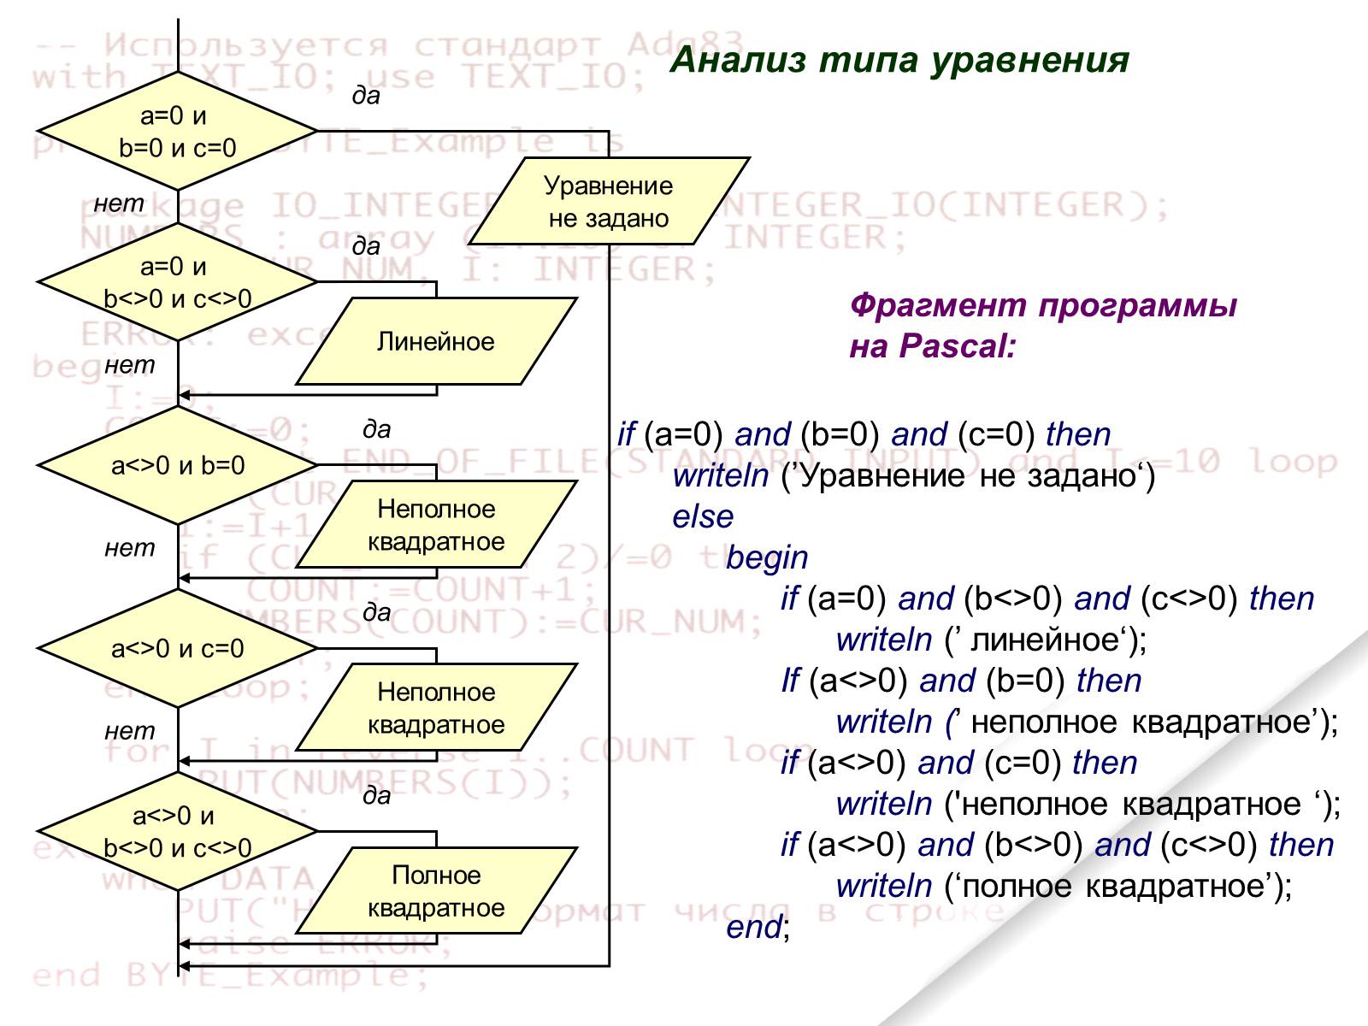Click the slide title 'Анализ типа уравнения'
[x=899, y=60]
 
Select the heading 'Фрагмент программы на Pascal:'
[x=1042, y=326]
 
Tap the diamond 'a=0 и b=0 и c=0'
[x=177, y=132]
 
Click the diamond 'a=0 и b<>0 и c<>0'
[x=177, y=282]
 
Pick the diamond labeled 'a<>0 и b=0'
[x=177, y=465]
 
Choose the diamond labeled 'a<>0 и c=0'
[x=177, y=648]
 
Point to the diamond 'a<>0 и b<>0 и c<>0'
[x=177, y=831]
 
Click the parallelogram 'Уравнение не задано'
[x=609, y=202]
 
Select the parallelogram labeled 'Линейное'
[x=436, y=342]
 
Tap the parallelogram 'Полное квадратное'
[x=436, y=891]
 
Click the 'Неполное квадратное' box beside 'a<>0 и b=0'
[x=436, y=525]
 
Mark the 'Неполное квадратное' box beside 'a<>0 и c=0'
[x=436, y=708]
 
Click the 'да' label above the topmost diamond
[x=366, y=96]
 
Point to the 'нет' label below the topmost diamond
[x=119, y=203]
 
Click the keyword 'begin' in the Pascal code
[x=767, y=557]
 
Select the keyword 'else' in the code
[x=703, y=516]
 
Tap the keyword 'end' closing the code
[x=753, y=927]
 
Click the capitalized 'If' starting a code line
[x=790, y=681]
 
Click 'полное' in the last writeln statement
[x=1017, y=886]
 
